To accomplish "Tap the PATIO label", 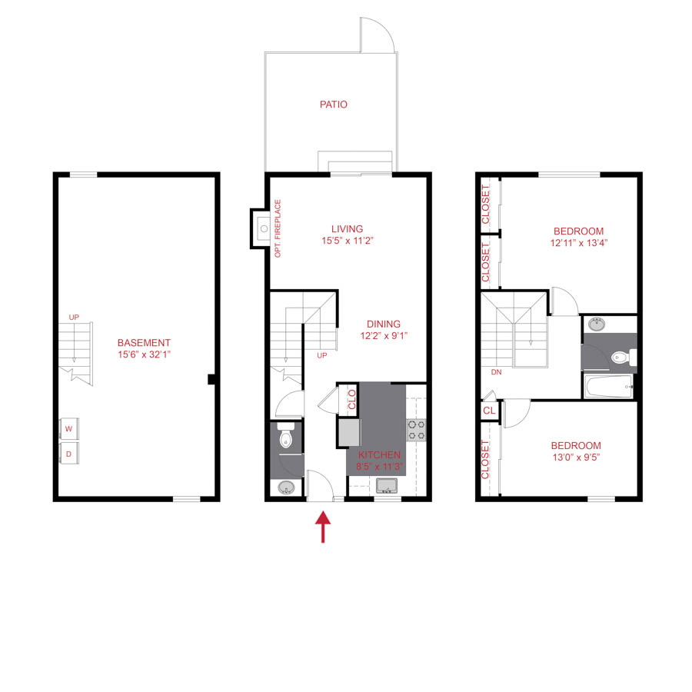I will tap(334, 105).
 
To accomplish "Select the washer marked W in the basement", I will tap(68, 428).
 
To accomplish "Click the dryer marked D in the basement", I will tap(68, 454).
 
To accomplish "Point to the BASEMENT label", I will tap(144, 343).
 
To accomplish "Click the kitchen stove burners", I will tap(416, 430).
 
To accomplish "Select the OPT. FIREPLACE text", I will tap(278, 228).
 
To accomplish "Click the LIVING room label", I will tap(347, 229).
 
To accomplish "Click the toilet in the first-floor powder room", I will tap(285, 438).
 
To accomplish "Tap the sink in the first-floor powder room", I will tap(285, 487).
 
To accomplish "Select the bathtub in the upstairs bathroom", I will tap(607, 386).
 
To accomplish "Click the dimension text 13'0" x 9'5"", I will tap(576, 458).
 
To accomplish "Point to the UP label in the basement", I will tap(74, 317).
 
